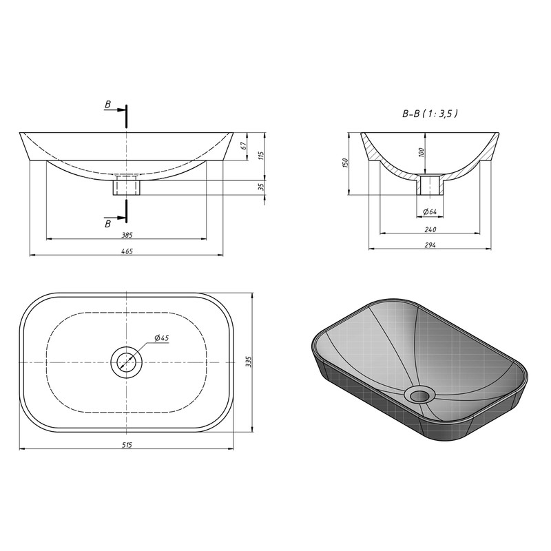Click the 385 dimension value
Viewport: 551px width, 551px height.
point(127,235)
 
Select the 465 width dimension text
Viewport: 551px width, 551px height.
point(127,251)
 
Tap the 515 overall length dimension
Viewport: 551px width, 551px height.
point(127,445)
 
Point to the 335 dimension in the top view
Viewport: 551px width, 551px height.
point(249,362)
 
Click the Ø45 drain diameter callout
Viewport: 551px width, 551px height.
point(162,337)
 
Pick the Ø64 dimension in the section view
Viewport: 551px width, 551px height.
point(430,211)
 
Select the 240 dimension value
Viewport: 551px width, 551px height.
point(430,229)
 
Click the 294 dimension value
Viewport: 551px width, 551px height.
point(430,245)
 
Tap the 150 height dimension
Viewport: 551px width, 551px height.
point(345,163)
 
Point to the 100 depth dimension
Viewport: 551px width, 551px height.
point(422,152)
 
